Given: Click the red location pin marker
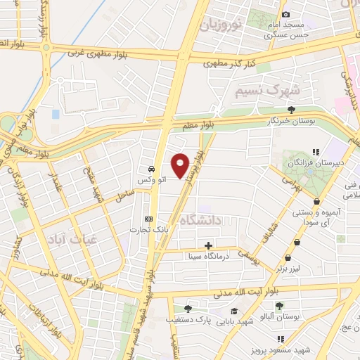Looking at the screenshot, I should click(181, 165).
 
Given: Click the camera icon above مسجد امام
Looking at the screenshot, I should click(285, 15).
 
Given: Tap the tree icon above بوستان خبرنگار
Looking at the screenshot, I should click(291, 110).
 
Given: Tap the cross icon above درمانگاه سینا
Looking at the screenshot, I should click(208, 245).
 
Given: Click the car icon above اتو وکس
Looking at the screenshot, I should click(150, 169).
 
